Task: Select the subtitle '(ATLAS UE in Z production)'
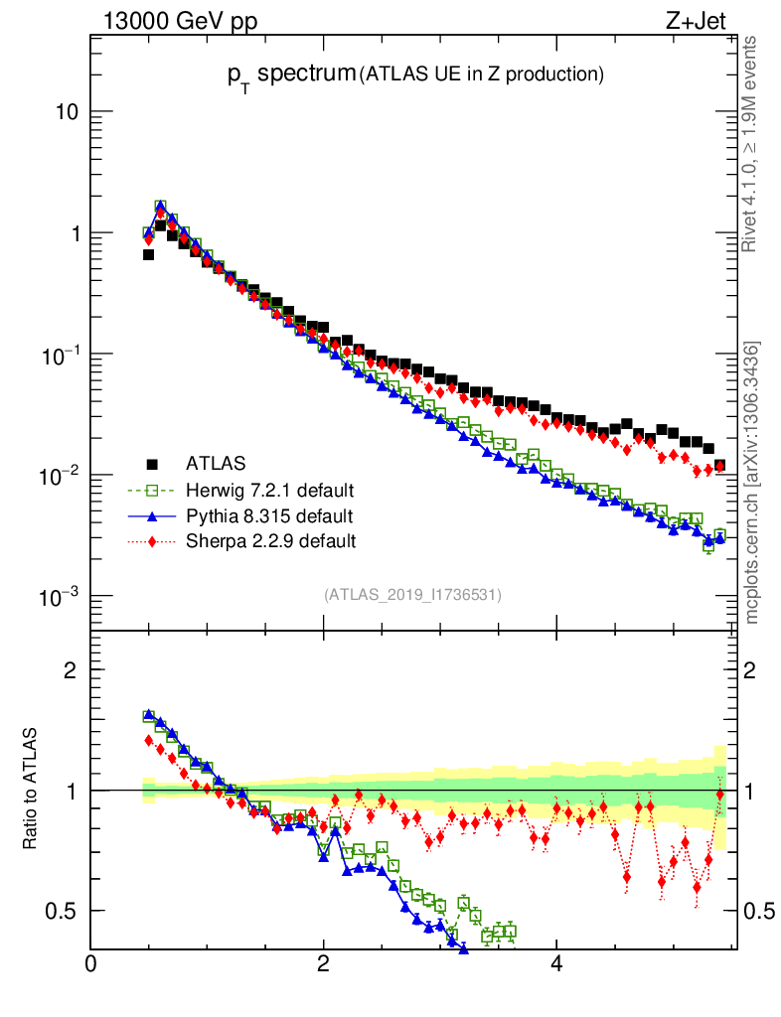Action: [482, 73]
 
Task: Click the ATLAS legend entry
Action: [216, 463]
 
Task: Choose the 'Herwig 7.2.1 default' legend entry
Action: [269, 490]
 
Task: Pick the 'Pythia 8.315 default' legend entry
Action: [268, 515]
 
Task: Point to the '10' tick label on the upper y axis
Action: [67, 112]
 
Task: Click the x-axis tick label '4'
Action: [556, 963]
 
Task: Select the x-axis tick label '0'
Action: [90, 963]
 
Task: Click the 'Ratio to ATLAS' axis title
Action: [31, 790]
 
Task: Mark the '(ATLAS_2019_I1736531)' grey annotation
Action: [412, 595]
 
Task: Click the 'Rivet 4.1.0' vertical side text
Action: [751, 144]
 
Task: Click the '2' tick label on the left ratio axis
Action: [70, 669]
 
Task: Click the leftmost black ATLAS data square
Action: [148, 254]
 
